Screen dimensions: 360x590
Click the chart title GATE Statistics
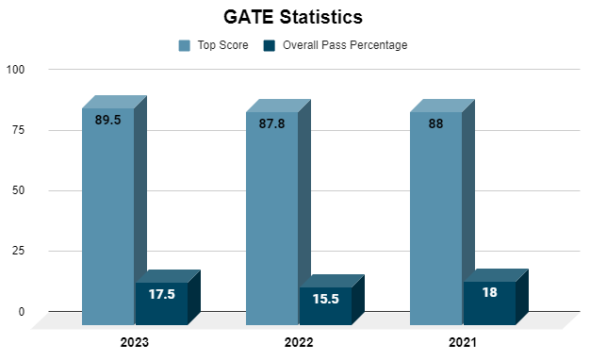pyautogui.click(x=293, y=17)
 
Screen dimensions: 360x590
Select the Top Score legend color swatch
pyautogui.click(x=184, y=45)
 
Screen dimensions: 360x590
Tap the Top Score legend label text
pyautogui.click(x=223, y=45)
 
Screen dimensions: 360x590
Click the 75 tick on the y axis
pyautogui.click(x=18, y=130)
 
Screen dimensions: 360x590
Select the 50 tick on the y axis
pyautogui.click(x=18, y=191)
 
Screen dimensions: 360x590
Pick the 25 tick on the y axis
pyautogui.click(x=18, y=252)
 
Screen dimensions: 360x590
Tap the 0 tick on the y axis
pyautogui.click(x=21, y=312)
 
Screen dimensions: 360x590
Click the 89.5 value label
pyautogui.click(x=107, y=120)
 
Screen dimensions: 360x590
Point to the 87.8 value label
pyautogui.click(x=271, y=123)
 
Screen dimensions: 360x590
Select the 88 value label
pyautogui.click(x=435, y=122)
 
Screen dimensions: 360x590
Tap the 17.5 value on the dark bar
pyautogui.click(x=161, y=294)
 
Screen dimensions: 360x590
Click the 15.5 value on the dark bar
pyautogui.click(x=325, y=298)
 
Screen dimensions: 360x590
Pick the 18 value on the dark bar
pyautogui.click(x=489, y=293)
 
